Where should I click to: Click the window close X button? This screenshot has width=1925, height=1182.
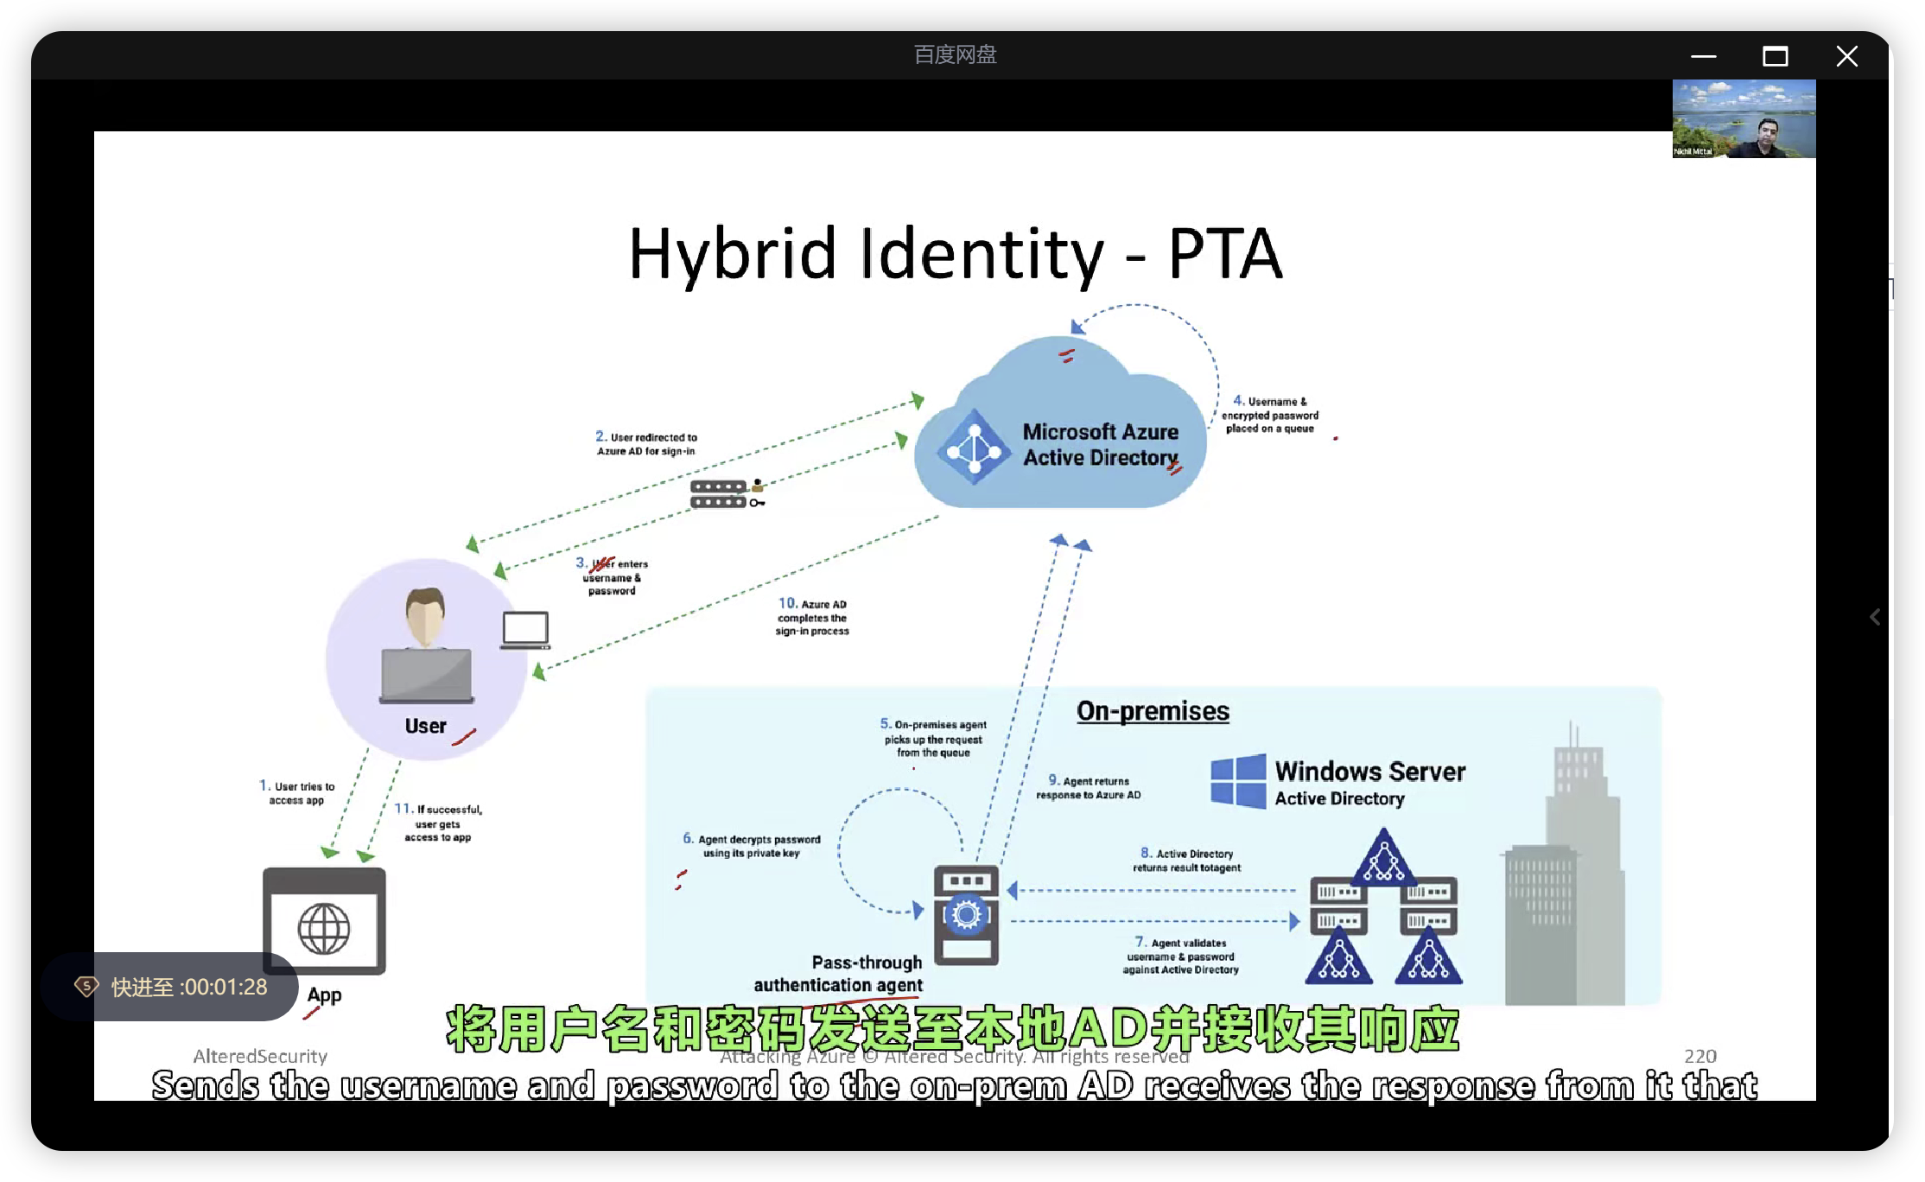[x=1846, y=57]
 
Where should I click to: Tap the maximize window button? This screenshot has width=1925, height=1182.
[x=1775, y=57]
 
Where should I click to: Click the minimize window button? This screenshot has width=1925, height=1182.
[x=1703, y=57]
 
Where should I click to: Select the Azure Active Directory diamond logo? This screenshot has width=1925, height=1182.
[x=974, y=448]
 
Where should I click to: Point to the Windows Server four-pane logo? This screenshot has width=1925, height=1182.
[x=1238, y=781]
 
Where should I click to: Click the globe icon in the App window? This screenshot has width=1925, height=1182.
[x=324, y=929]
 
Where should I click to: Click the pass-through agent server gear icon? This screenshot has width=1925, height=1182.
[x=966, y=914]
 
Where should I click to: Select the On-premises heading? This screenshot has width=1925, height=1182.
[x=1153, y=711]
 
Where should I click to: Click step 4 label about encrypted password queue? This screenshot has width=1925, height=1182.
[x=1269, y=415]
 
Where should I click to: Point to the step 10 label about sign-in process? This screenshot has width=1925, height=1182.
[x=812, y=617]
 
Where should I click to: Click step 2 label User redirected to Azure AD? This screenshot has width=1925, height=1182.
[x=646, y=444]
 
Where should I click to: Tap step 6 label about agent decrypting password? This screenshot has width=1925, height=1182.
[x=752, y=846]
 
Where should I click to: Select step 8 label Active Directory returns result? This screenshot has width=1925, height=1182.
[x=1186, y=861]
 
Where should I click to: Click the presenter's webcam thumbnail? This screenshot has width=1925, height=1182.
[x=1744, y=119]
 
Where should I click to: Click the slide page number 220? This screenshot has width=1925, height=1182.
[x=1699, y=1056]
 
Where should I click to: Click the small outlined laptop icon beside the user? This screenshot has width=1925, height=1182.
[x=524, y=630]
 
